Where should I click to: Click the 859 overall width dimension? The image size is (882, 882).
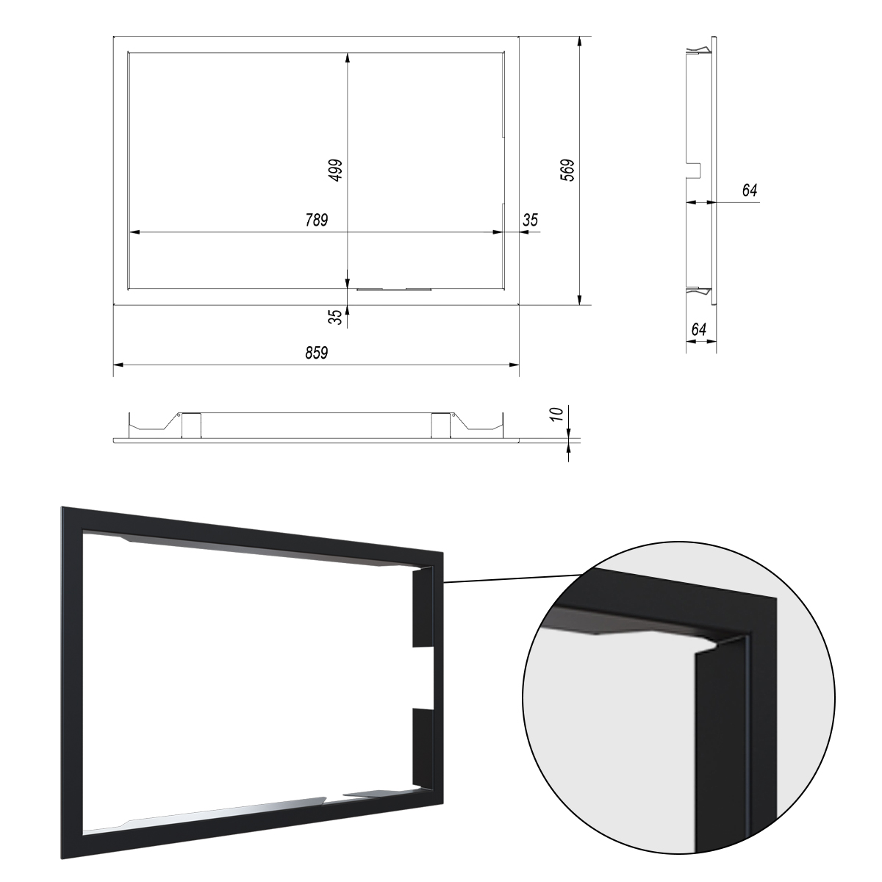pyautogui.click(x=317, y=353)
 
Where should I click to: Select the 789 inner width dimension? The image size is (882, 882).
pyautogui.click(x=317, y=220)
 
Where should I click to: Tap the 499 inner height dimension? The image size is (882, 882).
pyautogui.click(x=336, y=171)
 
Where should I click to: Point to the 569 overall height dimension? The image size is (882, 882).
pyautogui.click(x=567, y=171)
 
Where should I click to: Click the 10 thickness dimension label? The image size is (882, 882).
pyautogui.click(x=557, y=414)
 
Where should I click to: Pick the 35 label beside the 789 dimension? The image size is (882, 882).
pyautogui.click(x=530, y=220)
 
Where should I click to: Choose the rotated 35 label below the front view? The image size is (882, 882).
pyautogui.click(x=336, y=317)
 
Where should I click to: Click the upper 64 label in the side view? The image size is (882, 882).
pyautogui.click(x=750, y=190)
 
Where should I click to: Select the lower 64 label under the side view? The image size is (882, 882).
pyautogui.click(x=699, y=329)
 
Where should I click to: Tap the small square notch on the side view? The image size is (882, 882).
pyautogui.click(x=695, y=171)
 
